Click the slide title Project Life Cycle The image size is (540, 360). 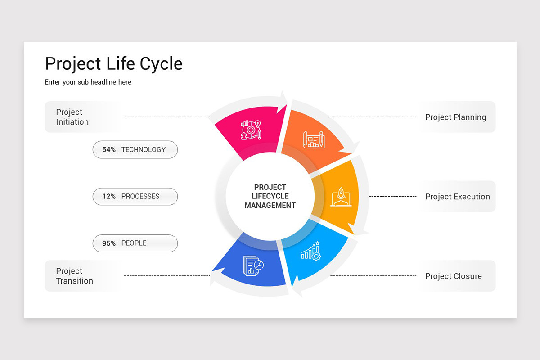point(114,63)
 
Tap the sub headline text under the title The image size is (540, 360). point(88,82)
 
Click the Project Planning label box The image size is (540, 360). point(456,117)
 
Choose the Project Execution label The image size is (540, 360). point(457,197)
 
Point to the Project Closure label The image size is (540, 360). point(454,276)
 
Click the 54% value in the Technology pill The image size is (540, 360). point(109,150)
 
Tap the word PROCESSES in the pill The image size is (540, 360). point(140,197)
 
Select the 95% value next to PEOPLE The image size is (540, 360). point(109,243)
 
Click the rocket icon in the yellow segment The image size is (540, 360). point(341,197)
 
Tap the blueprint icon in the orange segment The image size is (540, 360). point(314,139)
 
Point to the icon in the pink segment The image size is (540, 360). point(251,130)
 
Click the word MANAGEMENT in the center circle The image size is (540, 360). point(270,206)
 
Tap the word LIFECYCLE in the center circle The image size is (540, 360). point(270,196)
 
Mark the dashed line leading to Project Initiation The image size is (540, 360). point(166,117)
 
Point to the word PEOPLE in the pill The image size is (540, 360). point(134,243)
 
